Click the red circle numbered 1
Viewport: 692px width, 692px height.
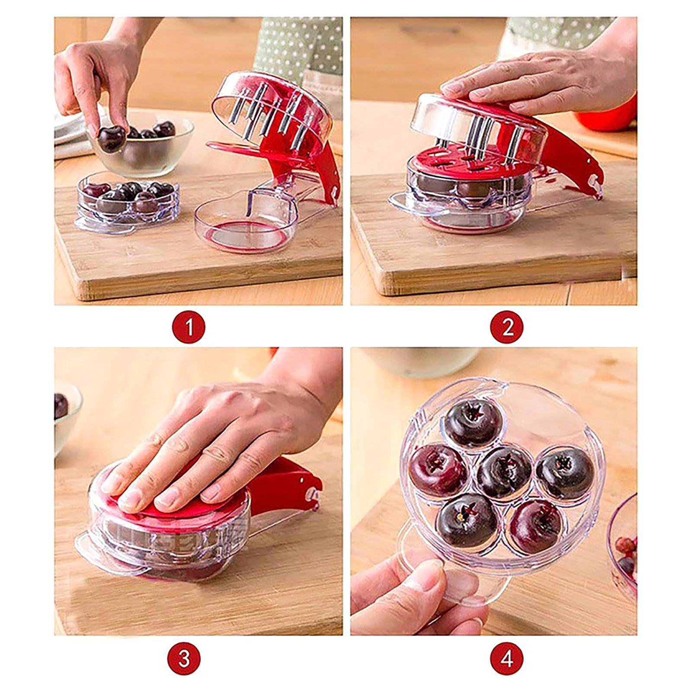pyautogui.click(x=189, y=327)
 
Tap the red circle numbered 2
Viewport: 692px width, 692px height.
pyautogui.click(x=506, y=327)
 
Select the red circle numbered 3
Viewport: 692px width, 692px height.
pyautogui.click(x=184, y=659)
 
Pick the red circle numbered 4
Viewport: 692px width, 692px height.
pyautogui.click(x=506, y=659)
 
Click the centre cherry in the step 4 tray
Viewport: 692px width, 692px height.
pyautogui.click(x=503, y=472)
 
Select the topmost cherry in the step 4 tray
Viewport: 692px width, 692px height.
pyautogui.click(x=474, y=423)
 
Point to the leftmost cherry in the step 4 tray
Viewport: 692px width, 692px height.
pyautogui.click(x=438, y=471)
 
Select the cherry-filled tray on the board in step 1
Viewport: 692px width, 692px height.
pyautogui.click(x=128, y=201)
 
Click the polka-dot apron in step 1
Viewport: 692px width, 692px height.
pyautogui.click(x=298, y=48)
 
